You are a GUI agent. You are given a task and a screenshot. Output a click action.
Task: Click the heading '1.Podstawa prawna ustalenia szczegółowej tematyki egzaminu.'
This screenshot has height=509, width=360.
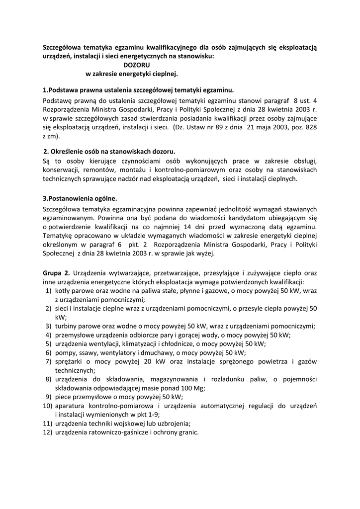[138, 90]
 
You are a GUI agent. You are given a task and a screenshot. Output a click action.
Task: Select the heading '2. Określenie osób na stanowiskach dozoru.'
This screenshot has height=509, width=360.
[109, 151]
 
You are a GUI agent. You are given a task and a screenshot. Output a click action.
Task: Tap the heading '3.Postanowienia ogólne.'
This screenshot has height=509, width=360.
[80, 198]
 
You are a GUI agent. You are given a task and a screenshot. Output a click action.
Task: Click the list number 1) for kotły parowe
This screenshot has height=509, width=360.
[49, 290]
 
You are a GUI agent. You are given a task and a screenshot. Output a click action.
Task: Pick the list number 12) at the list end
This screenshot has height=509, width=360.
[47, 432]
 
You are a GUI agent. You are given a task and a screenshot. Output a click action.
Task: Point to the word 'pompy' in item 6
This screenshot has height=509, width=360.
[65, 352]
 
